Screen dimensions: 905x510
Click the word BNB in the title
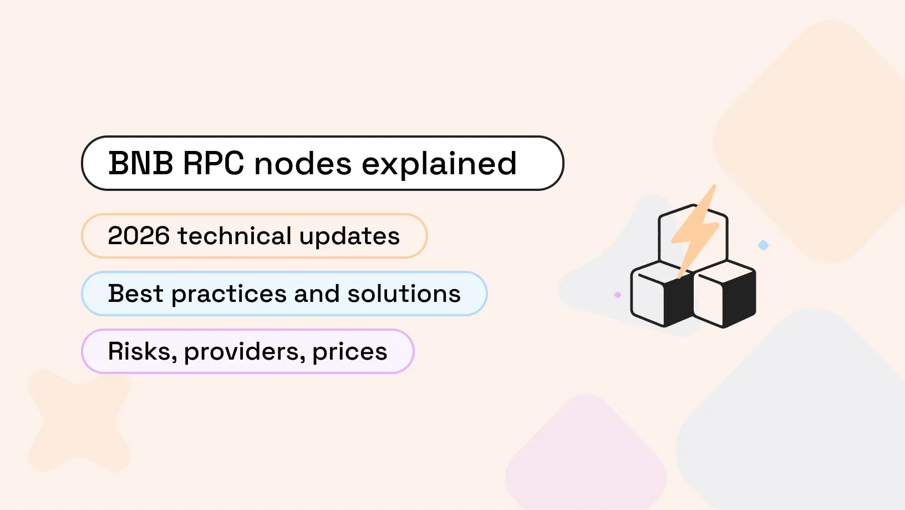(x=140, y=164)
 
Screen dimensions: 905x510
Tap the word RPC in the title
(x=213, y=164)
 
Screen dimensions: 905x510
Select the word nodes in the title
(x=303, y=164)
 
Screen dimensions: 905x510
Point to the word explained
(x=439, y=165)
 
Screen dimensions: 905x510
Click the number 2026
(x=139, y=236)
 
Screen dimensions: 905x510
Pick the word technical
(x=234, y=236)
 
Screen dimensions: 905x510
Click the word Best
(x=135, y=294)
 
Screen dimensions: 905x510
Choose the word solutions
(x=404, y=294)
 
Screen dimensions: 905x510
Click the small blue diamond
(x=764, y=245)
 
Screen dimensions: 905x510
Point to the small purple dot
(x=618, y=295)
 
